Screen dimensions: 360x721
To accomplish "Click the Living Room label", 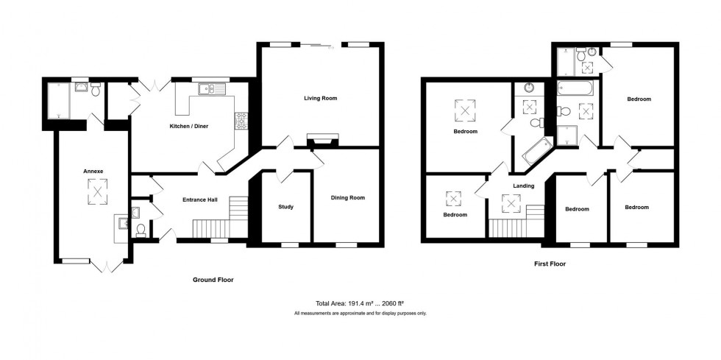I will [x=320, y=97].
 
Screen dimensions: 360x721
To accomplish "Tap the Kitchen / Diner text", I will [x=190, y=126].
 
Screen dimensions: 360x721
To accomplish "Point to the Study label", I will [x=285, y=207].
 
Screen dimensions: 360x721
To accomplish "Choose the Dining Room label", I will [x=347, y=197].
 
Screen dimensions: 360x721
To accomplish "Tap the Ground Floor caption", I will [x=213, y=280].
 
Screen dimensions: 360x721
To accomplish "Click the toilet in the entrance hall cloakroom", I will [x=141, y=230].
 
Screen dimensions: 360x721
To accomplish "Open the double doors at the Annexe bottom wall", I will [x=107, y=267].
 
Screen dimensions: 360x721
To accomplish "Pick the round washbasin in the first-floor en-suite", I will [x=529, y=88].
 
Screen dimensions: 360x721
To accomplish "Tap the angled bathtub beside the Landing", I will [x=536, y=150].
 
